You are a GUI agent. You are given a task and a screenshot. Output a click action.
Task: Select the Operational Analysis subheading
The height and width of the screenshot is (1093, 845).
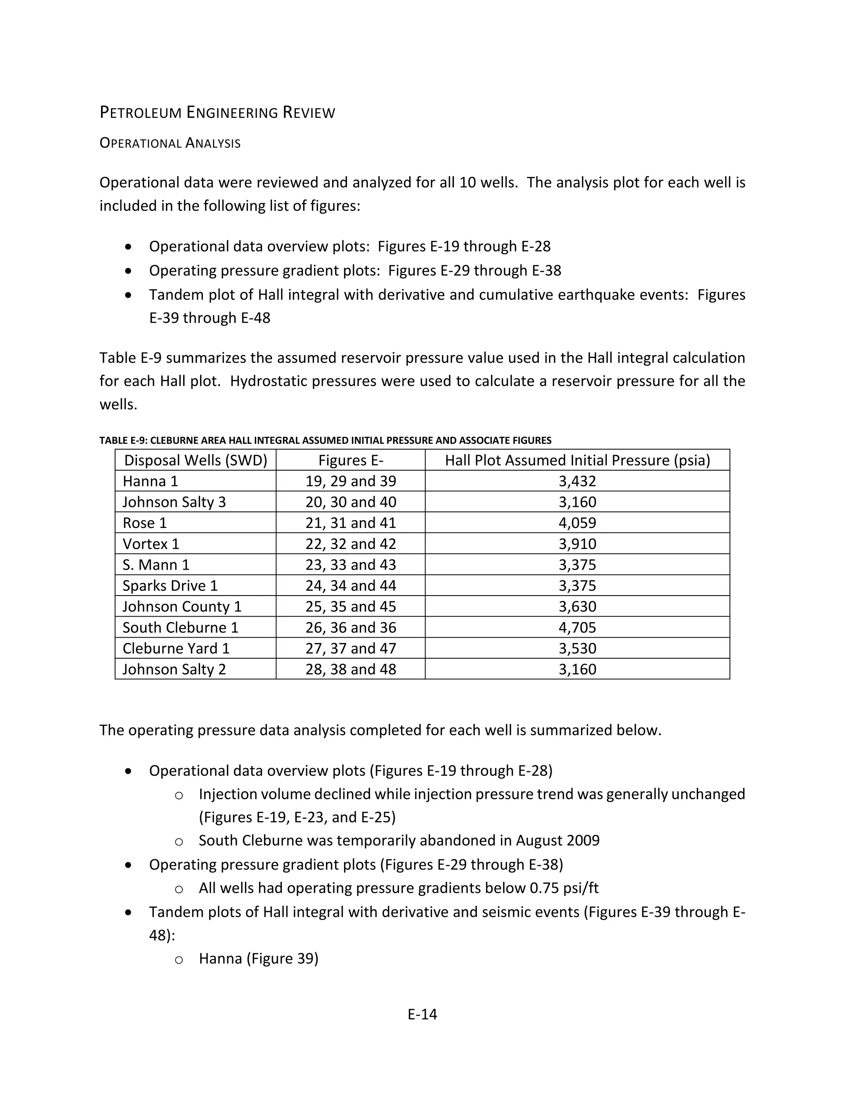170,143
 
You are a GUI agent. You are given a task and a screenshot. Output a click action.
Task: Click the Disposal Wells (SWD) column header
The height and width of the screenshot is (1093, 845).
195,460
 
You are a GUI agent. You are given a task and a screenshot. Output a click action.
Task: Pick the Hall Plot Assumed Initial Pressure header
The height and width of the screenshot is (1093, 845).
577,460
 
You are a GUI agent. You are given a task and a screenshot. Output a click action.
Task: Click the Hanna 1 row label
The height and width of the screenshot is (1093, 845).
150,481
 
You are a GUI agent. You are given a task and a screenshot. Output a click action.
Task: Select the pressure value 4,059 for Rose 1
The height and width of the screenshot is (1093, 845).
577,523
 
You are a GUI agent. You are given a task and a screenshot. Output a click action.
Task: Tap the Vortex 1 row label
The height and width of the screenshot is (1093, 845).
151,544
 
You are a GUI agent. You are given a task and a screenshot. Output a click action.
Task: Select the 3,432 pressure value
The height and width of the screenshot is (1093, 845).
577,481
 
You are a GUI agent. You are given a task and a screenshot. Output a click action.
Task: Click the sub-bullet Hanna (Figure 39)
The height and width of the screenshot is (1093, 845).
258,959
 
